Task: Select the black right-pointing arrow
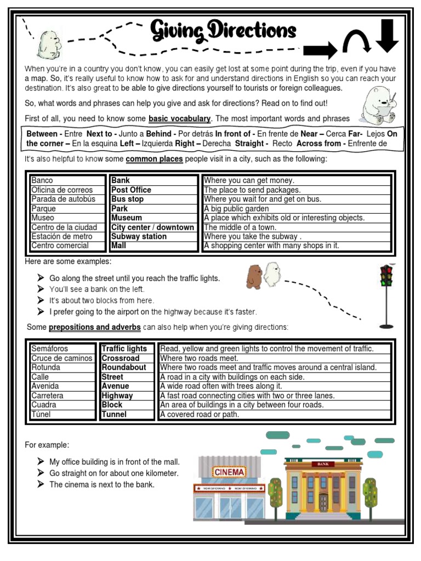320,51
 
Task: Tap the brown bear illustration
253,276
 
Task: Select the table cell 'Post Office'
132,190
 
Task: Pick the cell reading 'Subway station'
139,237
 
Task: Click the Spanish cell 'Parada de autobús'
63,199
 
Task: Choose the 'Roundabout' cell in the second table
124,368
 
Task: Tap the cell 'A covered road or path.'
200,415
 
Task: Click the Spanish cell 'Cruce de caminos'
62,358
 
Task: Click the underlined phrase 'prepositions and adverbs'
95,328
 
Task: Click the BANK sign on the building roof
322,464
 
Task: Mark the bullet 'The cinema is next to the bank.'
102,485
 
